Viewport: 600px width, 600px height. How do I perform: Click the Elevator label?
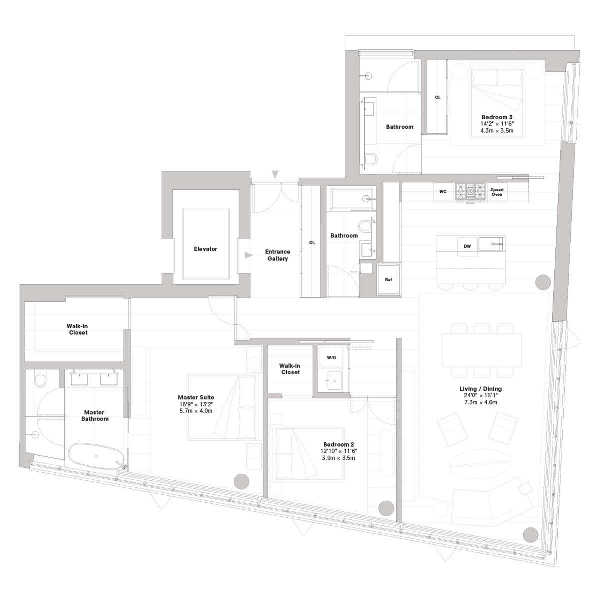coord(205,249)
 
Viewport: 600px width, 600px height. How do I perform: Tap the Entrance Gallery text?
coord(277,255)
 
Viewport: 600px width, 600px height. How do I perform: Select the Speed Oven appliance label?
coord(497,192)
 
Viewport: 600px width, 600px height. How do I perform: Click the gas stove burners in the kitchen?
coord(470,191)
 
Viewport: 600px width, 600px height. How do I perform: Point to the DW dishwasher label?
coord(467,246)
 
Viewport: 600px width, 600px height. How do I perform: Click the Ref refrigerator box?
coord(389,279)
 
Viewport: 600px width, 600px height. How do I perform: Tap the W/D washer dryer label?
coord(331,358)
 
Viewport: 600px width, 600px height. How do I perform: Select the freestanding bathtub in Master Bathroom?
coord(97,457)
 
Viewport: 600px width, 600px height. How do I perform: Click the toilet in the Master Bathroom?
coord(41,379)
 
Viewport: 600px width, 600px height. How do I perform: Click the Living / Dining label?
coord(480,389)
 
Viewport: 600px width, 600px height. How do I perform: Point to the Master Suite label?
coord(196,397)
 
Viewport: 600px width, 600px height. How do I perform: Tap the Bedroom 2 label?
coord(339,444)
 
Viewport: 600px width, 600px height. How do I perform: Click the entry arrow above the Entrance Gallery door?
coord(275,174)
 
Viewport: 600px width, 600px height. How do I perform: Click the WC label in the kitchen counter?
coord(443,192)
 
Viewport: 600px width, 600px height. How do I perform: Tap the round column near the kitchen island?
coord(543,282)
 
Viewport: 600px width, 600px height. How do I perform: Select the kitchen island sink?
coord(491,244)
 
